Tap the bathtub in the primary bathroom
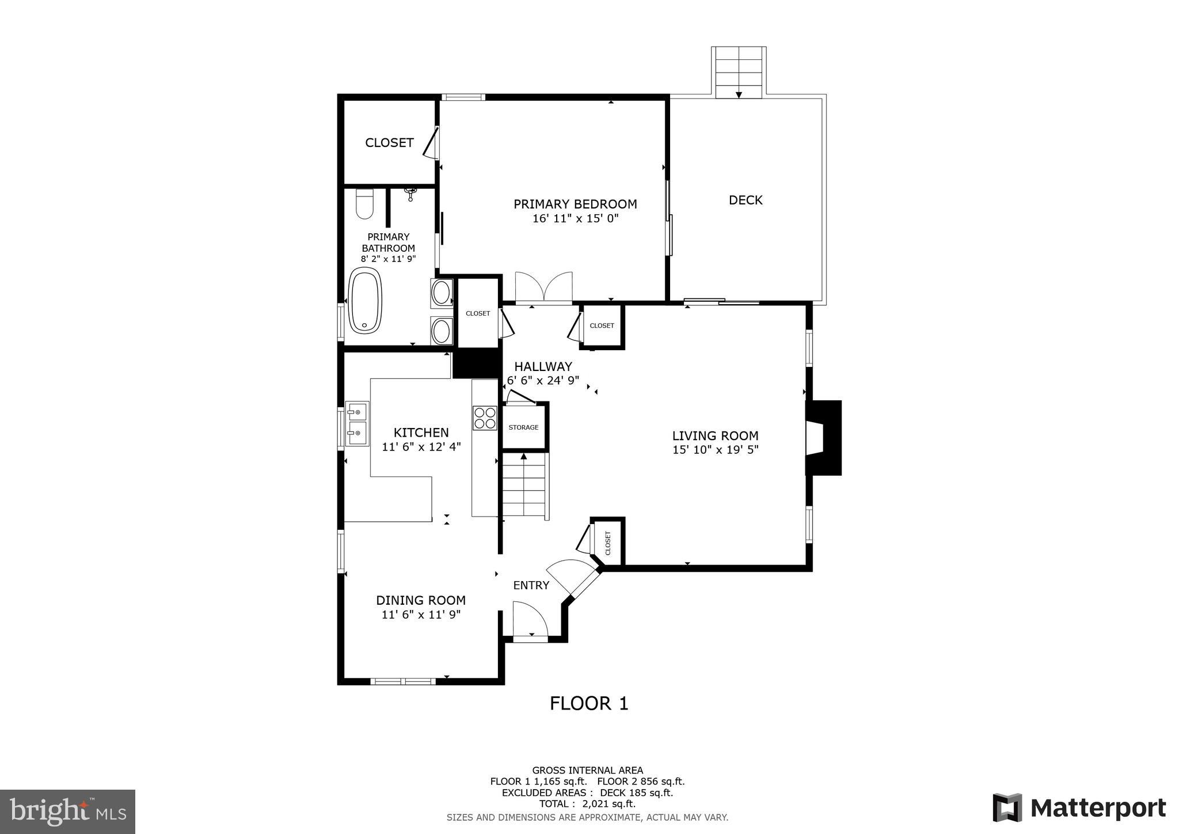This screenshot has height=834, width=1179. (366, 300)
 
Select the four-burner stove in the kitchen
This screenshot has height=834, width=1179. (485, 418)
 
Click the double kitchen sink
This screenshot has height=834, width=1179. (357, 424)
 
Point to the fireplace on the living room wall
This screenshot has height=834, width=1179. (824, 438)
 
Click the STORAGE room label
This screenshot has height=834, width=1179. (523, 427)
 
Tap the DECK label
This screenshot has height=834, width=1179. (746, 200)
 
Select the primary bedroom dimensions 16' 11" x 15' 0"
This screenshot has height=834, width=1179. (575, 219)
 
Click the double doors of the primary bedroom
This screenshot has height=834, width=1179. (543, 288)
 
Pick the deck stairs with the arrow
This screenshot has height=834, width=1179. (739, 73)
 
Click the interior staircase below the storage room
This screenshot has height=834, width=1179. (524, 487)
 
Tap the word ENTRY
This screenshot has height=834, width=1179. (531, 586)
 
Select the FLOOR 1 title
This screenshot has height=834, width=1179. (589, 704)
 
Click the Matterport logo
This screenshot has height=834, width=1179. (1079, 808)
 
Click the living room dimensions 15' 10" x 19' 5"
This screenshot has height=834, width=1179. (716, 450)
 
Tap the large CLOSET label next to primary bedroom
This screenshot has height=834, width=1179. (389, 143)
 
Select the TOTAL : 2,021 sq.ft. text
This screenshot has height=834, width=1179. (587, 804)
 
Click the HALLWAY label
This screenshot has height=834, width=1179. (543, 367)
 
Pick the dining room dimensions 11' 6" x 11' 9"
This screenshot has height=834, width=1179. (421, 615)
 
